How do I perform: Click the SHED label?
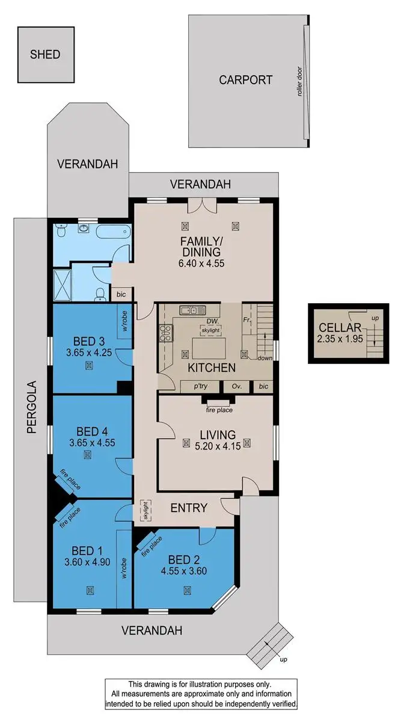(45, 54)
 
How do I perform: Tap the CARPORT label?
(245, 79)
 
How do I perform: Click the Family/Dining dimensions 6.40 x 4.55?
(200, 263)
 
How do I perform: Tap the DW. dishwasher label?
(204, 321)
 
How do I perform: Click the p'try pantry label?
(201, 387)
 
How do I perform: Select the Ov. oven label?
(237, 387)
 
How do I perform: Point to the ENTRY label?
(189, 508)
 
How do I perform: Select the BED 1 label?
(83, 551)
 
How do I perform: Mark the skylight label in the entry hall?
(144, 511)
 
